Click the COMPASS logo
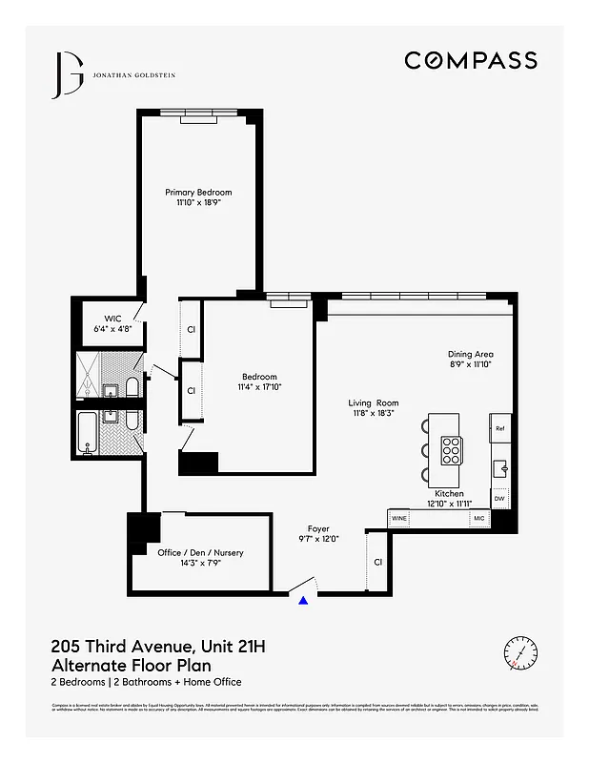[471, 60]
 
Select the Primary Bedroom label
[198, 193]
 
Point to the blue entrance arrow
[304, 600]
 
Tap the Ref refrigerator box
[499, 428]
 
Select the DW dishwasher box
[499, 499]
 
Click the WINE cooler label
[400, 518]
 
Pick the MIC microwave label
[479, 518]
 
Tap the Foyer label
[318, 528]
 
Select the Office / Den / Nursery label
[200, 553]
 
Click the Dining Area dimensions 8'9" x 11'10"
[471, 364]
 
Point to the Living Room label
[374, 402]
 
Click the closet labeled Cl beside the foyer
[377, 562]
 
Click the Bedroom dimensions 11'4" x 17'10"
[259, 386]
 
